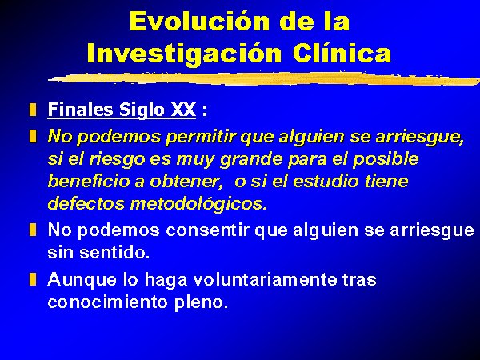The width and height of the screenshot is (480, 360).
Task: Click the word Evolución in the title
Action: click(x=199, y=21)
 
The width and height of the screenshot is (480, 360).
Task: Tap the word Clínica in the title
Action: click(x=342, y=53)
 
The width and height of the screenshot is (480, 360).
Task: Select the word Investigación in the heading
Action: click(x=184, y=54)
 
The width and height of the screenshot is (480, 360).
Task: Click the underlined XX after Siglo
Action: click(x=183, y=110)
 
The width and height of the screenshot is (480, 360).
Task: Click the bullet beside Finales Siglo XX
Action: click(x=33, y=110)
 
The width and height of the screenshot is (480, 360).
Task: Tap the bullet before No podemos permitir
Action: click(x=33, y=136)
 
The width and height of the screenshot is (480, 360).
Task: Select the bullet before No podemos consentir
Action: click(x=33, y=230)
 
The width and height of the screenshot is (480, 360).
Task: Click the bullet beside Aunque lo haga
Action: click(x=33, y=279)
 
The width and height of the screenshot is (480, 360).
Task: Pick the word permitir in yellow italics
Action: click(x=201, y=137)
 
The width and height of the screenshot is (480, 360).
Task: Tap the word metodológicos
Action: click(x=198, y=204)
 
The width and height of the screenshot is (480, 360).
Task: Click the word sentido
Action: click(x=114, y=253)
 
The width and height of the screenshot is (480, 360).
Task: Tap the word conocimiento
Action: click(x=107, y=302)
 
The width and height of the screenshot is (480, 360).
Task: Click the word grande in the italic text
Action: click(x=251, y=159)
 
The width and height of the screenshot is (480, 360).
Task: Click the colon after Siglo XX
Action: click(x=205, y=110)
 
